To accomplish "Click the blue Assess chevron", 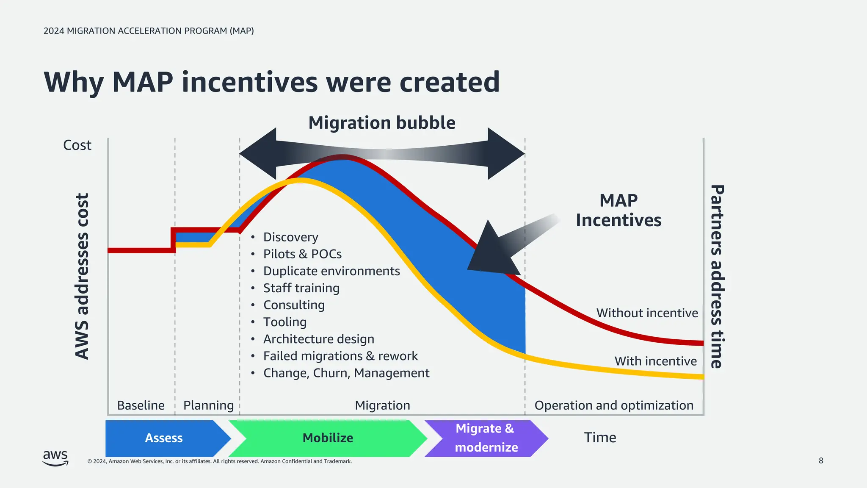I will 164,438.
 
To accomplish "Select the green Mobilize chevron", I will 328,438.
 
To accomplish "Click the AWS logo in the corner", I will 55,458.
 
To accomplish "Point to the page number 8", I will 821,461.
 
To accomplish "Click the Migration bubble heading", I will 381,123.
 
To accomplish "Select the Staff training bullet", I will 301,288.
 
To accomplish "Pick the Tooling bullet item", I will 284,322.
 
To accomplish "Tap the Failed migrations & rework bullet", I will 340,356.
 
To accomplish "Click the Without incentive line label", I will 647,313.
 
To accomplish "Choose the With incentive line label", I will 655,361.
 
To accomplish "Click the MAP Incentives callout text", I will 618,211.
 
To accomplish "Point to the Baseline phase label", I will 141,405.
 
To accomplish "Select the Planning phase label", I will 208,405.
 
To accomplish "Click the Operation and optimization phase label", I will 614,405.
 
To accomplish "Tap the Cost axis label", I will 77,145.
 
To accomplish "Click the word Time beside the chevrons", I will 600,438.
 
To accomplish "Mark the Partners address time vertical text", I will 717,276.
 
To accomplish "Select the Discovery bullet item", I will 290,237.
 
